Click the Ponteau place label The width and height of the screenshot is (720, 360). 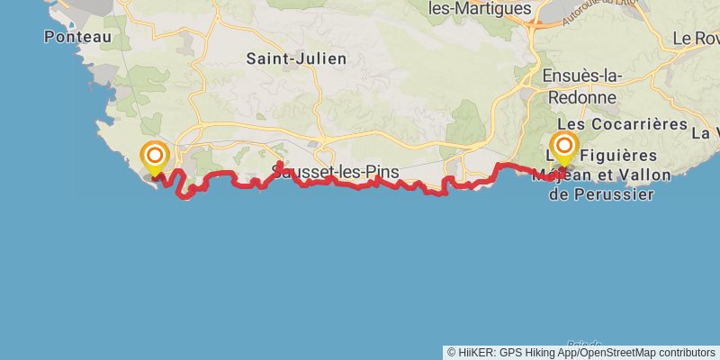(x=77, y=37)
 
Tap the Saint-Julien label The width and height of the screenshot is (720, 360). (x=296, y=58)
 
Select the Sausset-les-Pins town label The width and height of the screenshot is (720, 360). (x=335, y=172)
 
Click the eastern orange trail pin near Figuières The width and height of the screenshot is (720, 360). (x=564, y=145)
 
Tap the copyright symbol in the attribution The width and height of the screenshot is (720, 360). (x=452, y=353)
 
